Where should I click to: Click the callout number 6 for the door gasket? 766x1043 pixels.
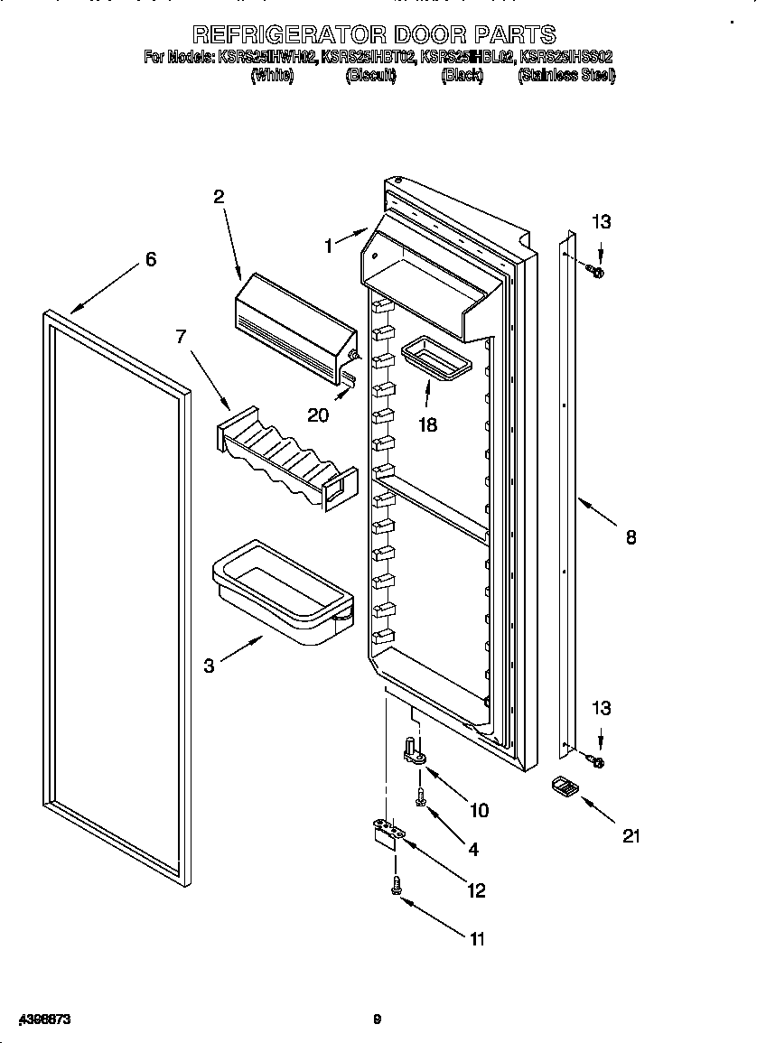pos(151,260)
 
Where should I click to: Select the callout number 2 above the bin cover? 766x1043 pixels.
pos(219,196)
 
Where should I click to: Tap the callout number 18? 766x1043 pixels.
pos(427,424)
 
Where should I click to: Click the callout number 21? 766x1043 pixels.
pos(631,836)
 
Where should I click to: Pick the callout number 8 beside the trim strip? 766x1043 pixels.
pos(631,538)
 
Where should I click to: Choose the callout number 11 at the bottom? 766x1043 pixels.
pos(476,939)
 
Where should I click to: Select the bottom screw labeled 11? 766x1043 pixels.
pos(396,887)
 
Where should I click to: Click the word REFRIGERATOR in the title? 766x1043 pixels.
pos(290,35)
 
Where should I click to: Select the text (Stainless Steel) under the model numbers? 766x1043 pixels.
pos(566,76)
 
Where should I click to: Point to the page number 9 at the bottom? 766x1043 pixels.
pos(378,1020)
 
